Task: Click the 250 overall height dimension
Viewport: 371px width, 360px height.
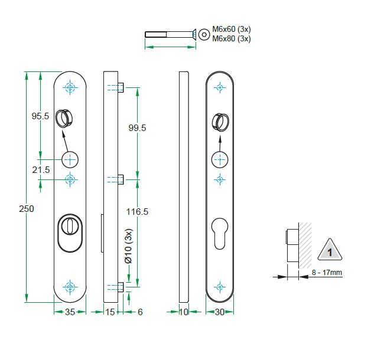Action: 27,209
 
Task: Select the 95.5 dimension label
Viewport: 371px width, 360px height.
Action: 40,117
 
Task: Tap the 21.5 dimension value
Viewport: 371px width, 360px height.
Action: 40,170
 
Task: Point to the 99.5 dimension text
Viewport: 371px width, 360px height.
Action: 136,128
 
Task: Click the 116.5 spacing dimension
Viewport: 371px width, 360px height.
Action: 136,211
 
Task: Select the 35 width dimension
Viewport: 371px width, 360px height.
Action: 70,312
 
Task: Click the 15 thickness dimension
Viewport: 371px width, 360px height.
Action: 110,312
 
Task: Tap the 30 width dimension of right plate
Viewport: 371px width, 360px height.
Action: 220,312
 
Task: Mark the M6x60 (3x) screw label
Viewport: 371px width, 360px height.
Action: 232,30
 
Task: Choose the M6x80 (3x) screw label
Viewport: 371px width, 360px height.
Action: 232,39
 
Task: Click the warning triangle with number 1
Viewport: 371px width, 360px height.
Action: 330,251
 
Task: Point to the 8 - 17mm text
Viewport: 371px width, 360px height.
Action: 326,273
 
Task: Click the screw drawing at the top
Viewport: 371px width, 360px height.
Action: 170,34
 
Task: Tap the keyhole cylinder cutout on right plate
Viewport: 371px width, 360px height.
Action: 220,234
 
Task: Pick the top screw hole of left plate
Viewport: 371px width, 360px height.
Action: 70,88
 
